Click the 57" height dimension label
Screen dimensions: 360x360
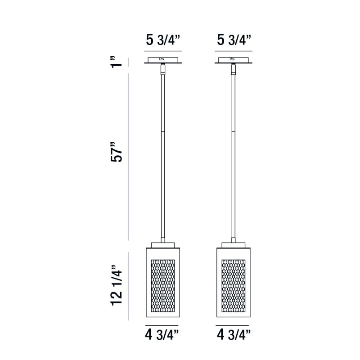(x=117, y=152)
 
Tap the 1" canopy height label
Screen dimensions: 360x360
(x=117, y=62)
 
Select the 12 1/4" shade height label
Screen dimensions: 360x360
(x=117, y=286)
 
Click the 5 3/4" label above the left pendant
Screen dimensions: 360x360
(x=163, y=40)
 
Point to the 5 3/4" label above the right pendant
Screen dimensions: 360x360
(x=234, y=40)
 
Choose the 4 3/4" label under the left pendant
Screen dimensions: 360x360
(x=162, y=335)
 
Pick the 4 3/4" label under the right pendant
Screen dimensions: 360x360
(x=234, y=335)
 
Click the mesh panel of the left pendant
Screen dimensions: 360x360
(x=163, y=286)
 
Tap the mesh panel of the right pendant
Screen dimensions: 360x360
(x=234, y=286)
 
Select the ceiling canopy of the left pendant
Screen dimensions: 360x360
(x=163, y=60)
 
